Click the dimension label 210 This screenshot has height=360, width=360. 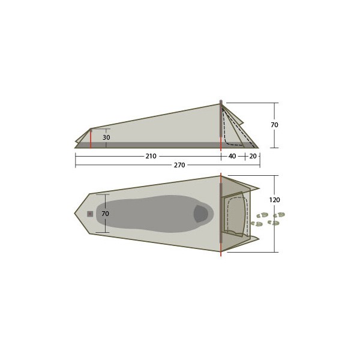point(151,156)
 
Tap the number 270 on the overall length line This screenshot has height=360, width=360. point(179,165)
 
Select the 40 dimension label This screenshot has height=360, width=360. point(232,156)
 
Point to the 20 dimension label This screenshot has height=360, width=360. point(253,156)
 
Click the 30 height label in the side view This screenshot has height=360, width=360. point(106,137)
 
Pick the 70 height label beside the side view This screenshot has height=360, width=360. point(274,125)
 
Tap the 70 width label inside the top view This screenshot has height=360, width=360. point(104,214)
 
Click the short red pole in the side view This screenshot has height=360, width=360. point(91,138)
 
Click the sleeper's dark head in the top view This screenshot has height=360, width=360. point(203,214)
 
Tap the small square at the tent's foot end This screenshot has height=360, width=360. point(90,214)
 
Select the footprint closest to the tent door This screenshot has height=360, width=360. point(257,224)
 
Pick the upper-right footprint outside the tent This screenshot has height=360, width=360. point(279,214)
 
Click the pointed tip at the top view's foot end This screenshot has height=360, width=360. point(75,214)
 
